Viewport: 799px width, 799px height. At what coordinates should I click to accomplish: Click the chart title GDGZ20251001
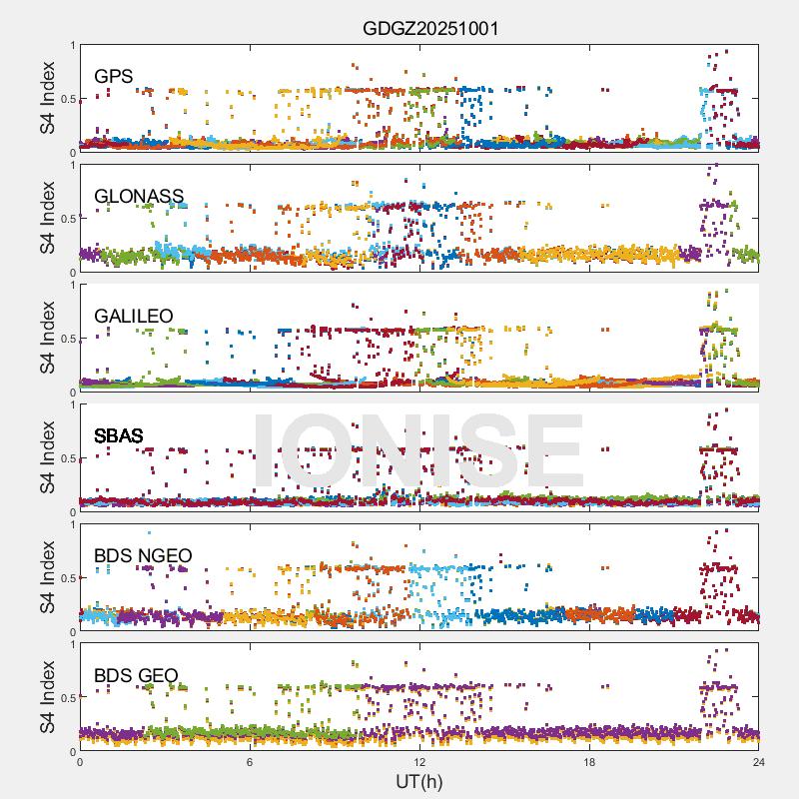429,29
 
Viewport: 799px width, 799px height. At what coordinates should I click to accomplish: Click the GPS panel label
114,76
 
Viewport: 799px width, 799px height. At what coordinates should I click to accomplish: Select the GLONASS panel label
139,196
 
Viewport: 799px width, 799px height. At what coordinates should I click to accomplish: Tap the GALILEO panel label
134,316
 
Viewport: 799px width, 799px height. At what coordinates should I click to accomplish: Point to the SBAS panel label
118,435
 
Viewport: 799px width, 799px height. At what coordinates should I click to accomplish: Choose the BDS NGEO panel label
143,555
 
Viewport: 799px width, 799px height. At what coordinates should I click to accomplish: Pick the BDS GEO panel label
136,676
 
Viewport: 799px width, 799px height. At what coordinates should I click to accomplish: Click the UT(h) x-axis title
418,780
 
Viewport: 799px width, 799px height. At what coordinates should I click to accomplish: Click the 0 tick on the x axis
80,762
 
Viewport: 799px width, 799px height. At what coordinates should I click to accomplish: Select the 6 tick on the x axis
250,762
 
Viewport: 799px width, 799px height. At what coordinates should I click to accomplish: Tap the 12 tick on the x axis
419,762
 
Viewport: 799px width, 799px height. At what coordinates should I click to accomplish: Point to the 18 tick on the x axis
589,762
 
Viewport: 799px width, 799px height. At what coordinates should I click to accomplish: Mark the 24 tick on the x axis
759,762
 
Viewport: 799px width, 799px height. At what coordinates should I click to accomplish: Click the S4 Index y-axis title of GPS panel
48,98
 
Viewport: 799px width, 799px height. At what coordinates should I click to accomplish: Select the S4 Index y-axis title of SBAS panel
48,457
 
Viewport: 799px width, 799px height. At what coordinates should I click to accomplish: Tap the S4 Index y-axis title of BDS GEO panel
48,697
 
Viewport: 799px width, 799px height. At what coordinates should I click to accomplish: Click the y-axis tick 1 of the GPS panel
71,46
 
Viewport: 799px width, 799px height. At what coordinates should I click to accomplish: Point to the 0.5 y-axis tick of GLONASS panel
66,219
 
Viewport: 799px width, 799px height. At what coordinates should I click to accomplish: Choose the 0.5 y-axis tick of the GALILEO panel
66,339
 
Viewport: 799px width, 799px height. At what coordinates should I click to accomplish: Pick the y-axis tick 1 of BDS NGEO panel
71,524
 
